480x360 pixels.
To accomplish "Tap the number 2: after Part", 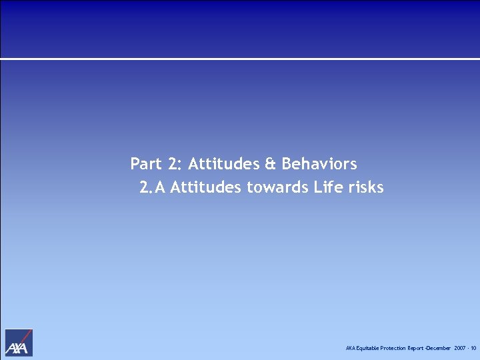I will (x=173, y=164).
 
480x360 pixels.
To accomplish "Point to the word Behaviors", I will (x=319, y=164).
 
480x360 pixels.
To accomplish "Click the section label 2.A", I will (x=153, y=188).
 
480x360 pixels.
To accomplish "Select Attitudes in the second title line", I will (x=206, y=188).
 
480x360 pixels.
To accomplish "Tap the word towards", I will (x=278, y=188).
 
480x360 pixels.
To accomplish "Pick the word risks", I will (x=366, y=188).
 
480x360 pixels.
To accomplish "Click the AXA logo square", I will (x=19, y=343).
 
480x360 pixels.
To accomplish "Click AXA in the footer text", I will (x=351, y=349).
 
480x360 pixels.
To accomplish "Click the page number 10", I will (x=473, y=349).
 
